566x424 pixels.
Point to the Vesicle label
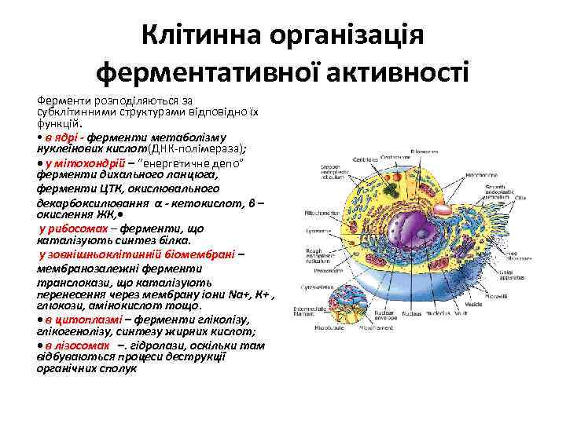pyautogui.click(x=480, y=304)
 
